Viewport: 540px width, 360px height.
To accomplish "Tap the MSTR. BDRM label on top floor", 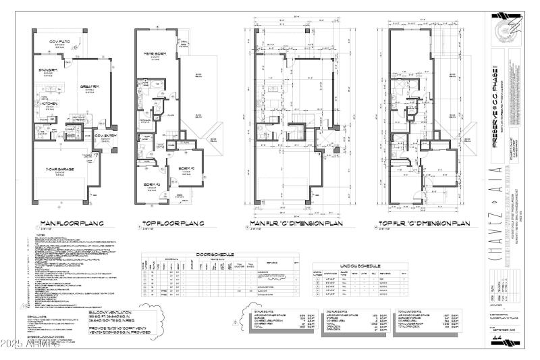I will [155, 53].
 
